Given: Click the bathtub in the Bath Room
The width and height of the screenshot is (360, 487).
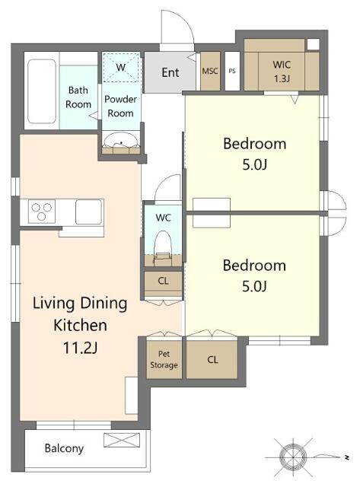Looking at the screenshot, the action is (x=42, y=91).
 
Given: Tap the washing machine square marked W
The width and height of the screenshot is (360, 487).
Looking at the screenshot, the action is (x=121, y=68).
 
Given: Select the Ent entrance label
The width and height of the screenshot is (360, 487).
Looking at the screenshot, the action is (x=170, y=72).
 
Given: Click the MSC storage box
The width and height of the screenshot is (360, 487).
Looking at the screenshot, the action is (x=210, y=71).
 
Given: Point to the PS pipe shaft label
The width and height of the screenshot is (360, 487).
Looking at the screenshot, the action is (x=232, y=71).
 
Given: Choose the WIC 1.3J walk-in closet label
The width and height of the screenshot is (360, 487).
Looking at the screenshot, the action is (x=282, y=72).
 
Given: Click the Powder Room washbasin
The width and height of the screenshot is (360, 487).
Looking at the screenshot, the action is (x=121, y=141).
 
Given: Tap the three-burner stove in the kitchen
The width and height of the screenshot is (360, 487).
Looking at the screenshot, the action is (x=42, y=212).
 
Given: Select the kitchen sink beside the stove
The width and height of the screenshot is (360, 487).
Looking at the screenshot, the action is (x=88, y=212).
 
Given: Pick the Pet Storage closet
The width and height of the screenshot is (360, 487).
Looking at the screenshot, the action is (x=164, y=360).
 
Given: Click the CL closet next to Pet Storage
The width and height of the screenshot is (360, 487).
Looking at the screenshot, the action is (x=212, y=360).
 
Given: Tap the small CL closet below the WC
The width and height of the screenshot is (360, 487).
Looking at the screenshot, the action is (x=163, y=284).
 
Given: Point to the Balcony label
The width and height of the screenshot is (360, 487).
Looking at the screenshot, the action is (x=64, y=448).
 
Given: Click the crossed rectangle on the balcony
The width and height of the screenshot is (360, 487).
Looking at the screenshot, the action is (x=122, y=440).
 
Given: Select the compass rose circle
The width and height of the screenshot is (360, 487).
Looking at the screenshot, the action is (x=293, y=457).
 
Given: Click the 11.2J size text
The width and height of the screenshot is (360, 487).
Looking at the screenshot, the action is (x=80, y=348).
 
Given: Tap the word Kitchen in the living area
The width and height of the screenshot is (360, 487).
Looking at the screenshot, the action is (x=80, y=325).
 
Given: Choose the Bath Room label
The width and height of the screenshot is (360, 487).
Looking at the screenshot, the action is (x=78, y=97).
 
